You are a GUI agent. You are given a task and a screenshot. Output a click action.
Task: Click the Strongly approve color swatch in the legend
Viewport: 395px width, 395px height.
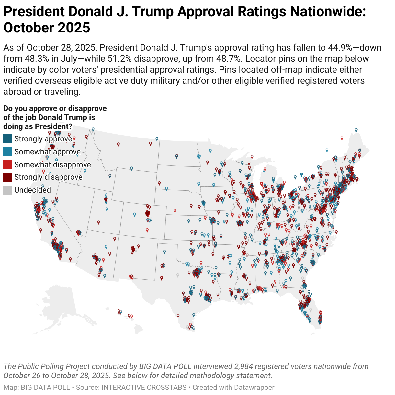coord(8,139)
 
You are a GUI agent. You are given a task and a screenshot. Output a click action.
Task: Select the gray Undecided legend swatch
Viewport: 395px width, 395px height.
coord(8,190)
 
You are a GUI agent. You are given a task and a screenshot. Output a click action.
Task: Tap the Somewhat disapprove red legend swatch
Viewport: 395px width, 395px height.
coord(8,165)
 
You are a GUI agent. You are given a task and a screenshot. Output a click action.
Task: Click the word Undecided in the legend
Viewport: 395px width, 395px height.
coord(32,190)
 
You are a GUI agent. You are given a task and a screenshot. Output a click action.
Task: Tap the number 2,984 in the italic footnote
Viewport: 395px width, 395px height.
coord(245,366)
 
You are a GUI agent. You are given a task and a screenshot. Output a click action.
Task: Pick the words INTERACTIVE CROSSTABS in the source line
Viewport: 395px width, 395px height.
coord(144,387)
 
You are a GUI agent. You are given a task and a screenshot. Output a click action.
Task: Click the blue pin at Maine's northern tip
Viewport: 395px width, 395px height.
coord(356,130)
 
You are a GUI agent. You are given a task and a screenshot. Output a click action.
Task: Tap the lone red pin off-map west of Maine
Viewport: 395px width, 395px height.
coord(342,138)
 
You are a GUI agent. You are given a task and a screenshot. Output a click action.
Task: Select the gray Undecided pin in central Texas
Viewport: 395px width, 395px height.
coord(177,275)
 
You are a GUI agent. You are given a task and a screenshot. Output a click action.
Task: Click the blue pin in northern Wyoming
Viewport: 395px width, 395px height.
coord(132,168)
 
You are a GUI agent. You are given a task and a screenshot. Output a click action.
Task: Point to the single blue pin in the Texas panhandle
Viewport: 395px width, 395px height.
coord(164,251)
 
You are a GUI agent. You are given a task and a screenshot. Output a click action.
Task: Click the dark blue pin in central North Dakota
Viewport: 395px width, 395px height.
coord(176,156)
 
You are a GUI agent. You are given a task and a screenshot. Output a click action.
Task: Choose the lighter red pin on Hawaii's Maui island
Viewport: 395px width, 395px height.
coord(131,316)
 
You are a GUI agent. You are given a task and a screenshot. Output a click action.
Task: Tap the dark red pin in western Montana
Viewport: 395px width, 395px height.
coord(119,144)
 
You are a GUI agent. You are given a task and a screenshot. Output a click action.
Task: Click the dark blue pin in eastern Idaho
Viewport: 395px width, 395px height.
coord(110,176)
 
